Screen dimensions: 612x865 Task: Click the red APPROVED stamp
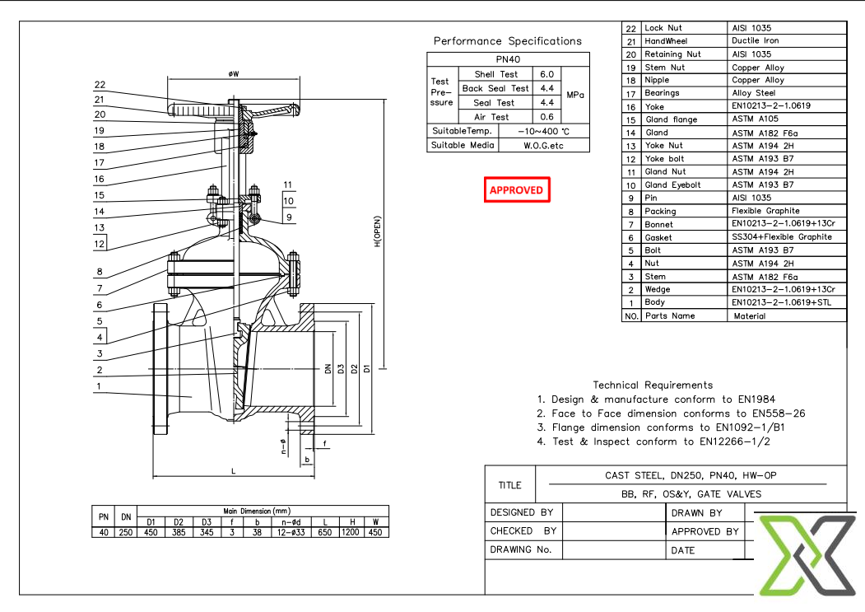[x=516, y=189]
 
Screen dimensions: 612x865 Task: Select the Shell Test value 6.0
[x=546, y=74]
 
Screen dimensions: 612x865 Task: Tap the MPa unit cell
[x=575, y=96]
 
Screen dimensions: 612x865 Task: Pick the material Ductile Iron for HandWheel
[x=755, y=40]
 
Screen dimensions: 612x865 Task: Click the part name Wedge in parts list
[x=658, y=290]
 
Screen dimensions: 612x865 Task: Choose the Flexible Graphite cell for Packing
[x=765, y=211]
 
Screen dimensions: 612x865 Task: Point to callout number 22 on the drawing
[x=100, y=85]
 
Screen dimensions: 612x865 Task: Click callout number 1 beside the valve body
[x=98, y=385]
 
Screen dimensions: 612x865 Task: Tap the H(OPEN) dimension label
[x=378, y=232]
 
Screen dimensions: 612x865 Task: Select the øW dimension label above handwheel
[x=234, y=74]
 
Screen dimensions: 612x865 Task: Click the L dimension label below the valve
[x=234, y=470]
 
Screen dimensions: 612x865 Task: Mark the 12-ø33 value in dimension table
[x=291, y=533]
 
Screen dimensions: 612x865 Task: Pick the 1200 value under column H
[x=351, y=533]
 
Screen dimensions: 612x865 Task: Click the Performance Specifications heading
[x=507, y=41]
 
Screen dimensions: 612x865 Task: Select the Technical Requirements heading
[x=653, y=385]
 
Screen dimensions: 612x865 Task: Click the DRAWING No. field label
[x=520, y=550]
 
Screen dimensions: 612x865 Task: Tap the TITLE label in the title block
[x=510, y=485]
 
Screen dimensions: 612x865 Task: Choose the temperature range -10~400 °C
[x=544, y=131]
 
